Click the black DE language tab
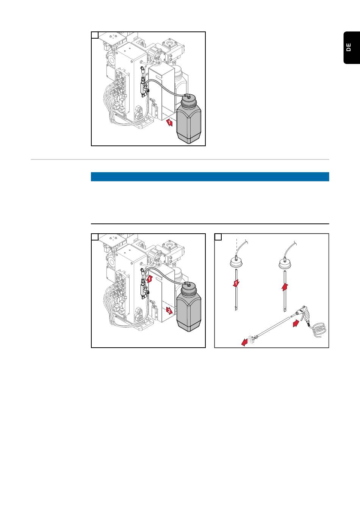352,48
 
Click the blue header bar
210,176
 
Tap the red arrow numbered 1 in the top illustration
169,123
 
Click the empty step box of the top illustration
95,35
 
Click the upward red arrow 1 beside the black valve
149,279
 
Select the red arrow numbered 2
169,311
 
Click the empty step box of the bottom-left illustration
95,237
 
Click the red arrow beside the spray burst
244,342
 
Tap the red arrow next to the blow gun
296,323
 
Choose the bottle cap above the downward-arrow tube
236,263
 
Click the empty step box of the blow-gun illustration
218,237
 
